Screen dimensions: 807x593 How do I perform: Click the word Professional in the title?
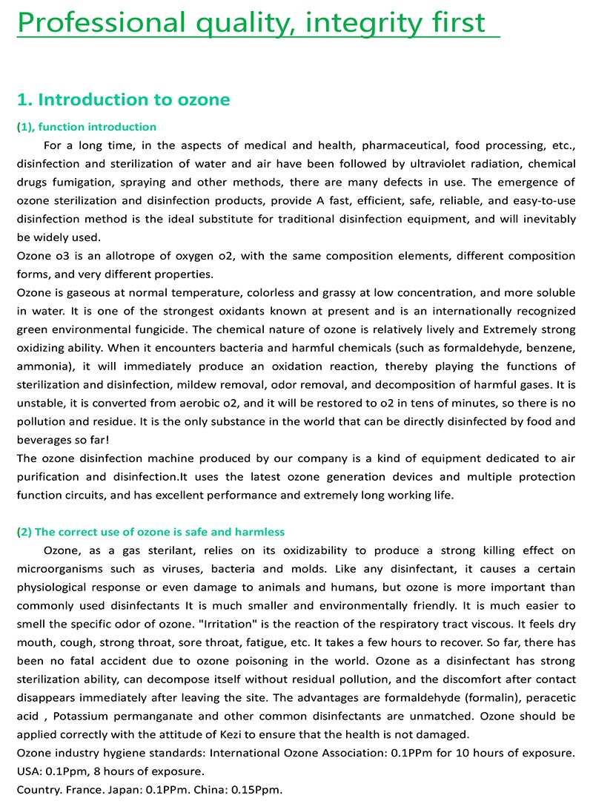(99, 22)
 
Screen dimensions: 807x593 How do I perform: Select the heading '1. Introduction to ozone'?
(123, 99)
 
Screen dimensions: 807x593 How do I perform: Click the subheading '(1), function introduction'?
(87, 127)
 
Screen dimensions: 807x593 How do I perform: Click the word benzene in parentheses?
(553, 348)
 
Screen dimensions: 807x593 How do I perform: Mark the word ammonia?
(42, 366)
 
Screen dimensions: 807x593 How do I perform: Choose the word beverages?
(43, 440)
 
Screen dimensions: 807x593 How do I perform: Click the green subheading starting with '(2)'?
(150, 532)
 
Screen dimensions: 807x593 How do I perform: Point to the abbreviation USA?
(28, 771)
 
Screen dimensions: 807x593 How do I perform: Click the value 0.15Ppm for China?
(257, 789)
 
